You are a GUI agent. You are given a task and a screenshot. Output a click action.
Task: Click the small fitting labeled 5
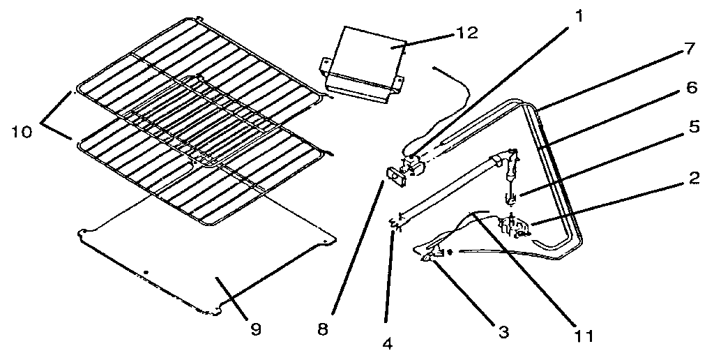(x=512, y=197)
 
